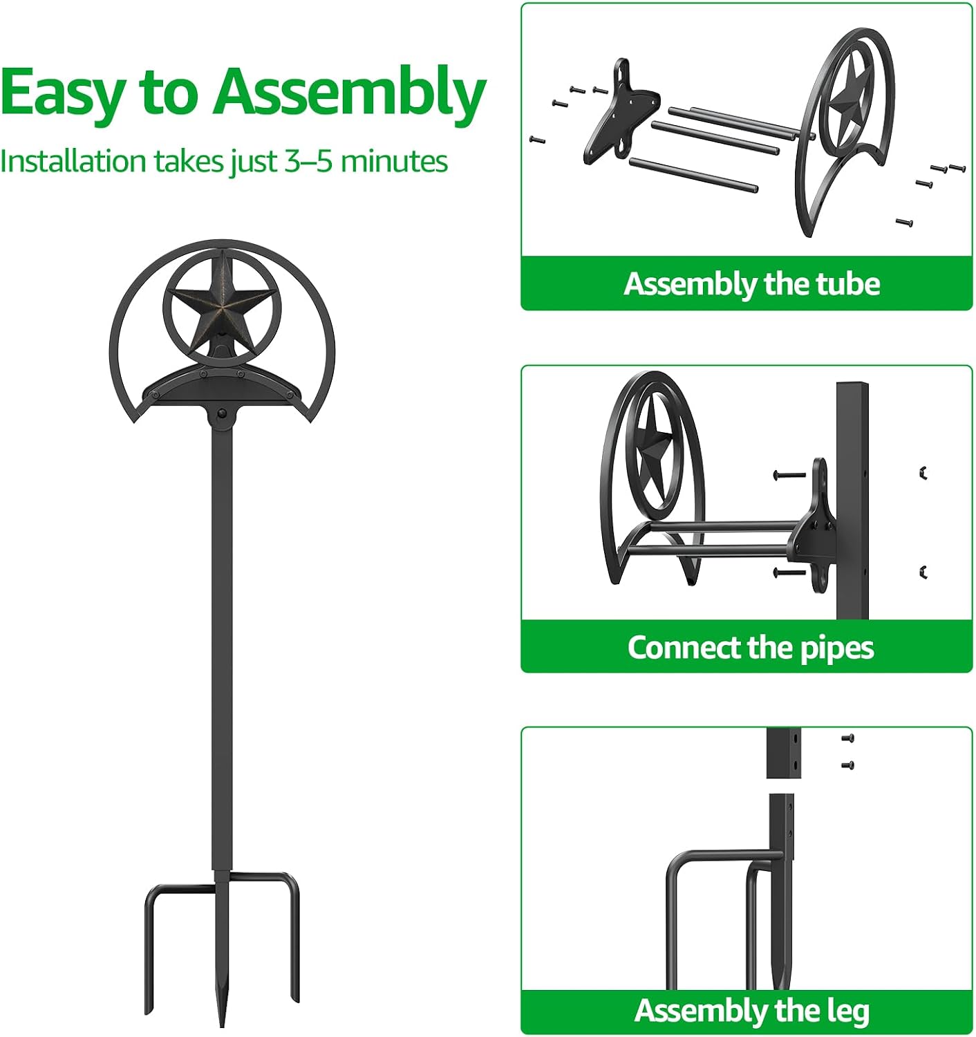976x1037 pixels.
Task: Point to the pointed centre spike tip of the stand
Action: pyautogui.click(x=222, y=1025)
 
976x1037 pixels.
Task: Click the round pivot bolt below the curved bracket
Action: pyautogui.click(x=221, y=412)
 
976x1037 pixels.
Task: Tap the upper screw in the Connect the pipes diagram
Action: pyautogui.click(x=789, y=475)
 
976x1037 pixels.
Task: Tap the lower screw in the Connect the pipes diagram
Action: pyautogui.click(x=789, y=572)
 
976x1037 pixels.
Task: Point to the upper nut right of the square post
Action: pyautogui.click(x=923, y=473)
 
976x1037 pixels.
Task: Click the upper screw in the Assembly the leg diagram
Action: pyautogui.click(x=847, y=738)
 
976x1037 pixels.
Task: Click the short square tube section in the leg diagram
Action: pyautogui.click(x=783, y=752)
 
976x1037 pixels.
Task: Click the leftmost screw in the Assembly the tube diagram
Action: pyautogui.click(x=537, y=140)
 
